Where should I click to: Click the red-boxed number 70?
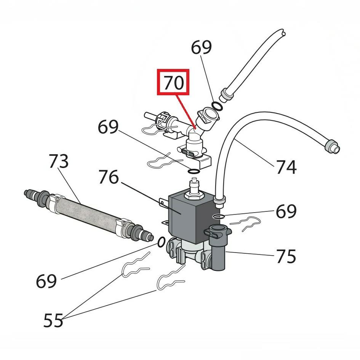tap(174, 82)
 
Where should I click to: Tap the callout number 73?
tap(58, 162)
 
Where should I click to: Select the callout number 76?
tap(109, 177)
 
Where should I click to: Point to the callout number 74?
tap(286, 166)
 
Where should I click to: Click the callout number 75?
tap(286, 256)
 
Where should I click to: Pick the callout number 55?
tap(53, 320)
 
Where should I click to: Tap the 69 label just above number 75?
tap(286, 211)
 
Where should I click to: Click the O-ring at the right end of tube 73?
tap(162, 242)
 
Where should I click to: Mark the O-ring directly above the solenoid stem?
tap(194, 171)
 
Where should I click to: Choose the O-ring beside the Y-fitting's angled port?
tap(217, 106)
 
